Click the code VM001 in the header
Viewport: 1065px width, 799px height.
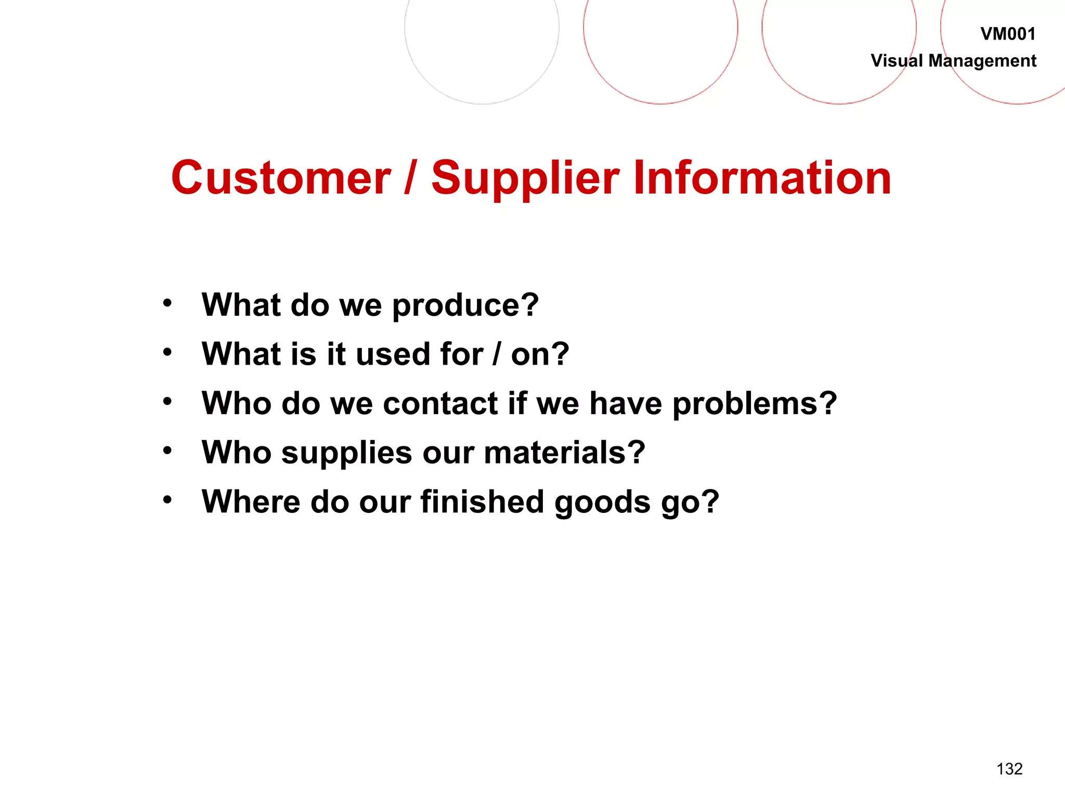1008,34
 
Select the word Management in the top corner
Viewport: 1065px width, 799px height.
982,61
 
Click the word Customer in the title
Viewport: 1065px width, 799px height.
281,178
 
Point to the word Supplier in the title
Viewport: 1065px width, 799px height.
525,179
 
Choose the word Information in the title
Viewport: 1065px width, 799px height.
762,178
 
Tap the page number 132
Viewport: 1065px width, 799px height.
1009,769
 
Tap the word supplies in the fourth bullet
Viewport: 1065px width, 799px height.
346,454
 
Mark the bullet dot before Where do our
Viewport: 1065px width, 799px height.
167,500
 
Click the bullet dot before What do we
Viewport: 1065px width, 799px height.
167,303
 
